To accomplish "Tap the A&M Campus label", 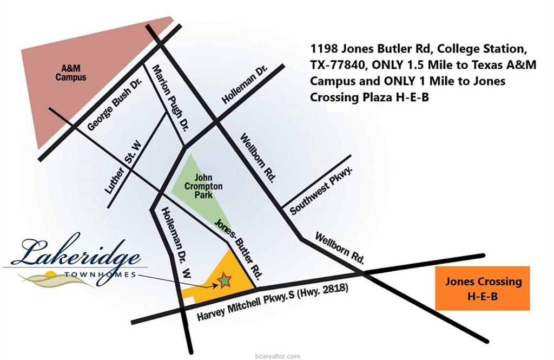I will click(71, 73).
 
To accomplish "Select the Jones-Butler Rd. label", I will click(238, 247).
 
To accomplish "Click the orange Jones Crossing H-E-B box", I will click(483, 288).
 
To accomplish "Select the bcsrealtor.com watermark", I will click(277, 356).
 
